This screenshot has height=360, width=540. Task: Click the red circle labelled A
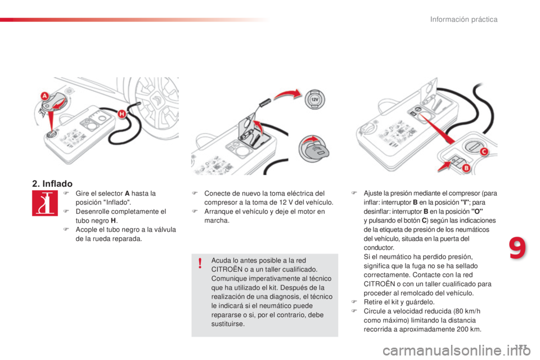44,96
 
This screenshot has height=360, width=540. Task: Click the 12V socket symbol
314,100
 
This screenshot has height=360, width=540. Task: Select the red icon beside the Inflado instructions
42,204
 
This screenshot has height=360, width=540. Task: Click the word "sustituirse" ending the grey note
228,325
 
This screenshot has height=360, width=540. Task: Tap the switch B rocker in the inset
453,163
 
